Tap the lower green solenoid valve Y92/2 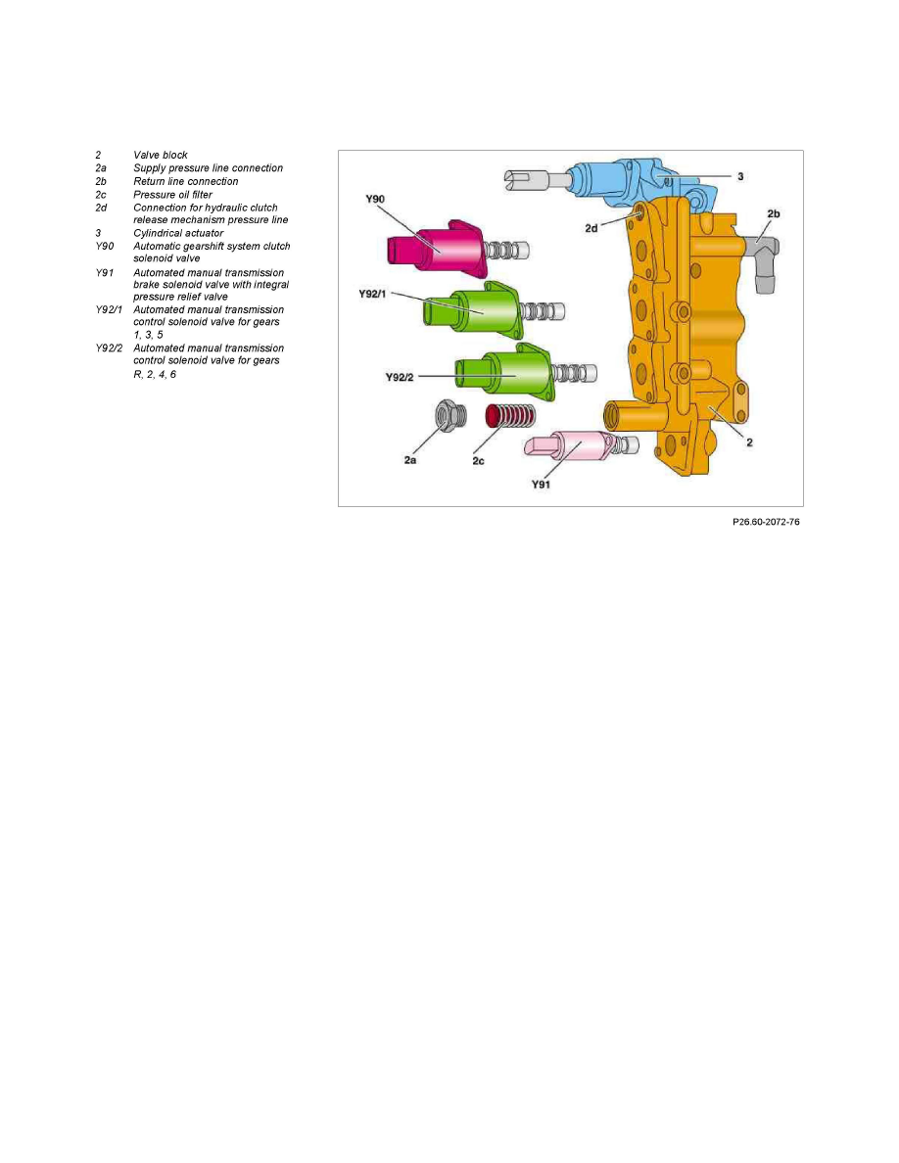coord(504,373)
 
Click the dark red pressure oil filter coord(509,416)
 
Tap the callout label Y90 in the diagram coord(375,199)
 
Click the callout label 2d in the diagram coord(591,228)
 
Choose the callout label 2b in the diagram coord(774,213)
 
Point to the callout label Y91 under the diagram coord(541,485)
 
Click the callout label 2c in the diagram coord(479,461)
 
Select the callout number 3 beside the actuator coord(740,176)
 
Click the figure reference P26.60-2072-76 coord(766,522)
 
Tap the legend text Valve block coord(161,155)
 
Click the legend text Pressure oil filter coord(172,195)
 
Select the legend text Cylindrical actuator coord(178,233)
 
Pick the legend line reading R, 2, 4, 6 coord(155,375)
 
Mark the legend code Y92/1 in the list coord(109,309)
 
